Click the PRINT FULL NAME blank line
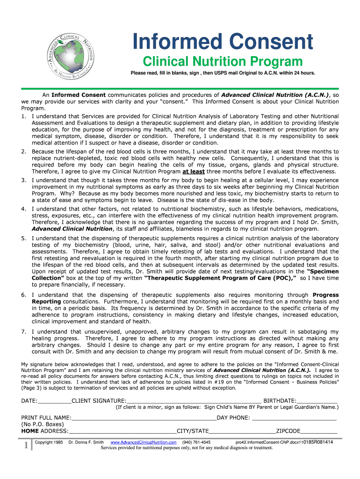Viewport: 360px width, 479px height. point(144,418)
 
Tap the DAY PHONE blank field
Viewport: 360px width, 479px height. point(295,418)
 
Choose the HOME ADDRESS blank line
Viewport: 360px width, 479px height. point(122,431)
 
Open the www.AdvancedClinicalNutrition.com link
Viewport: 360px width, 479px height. point(143,443)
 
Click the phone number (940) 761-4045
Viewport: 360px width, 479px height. point(196,443)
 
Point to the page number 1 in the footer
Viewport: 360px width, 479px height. point(26,445)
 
